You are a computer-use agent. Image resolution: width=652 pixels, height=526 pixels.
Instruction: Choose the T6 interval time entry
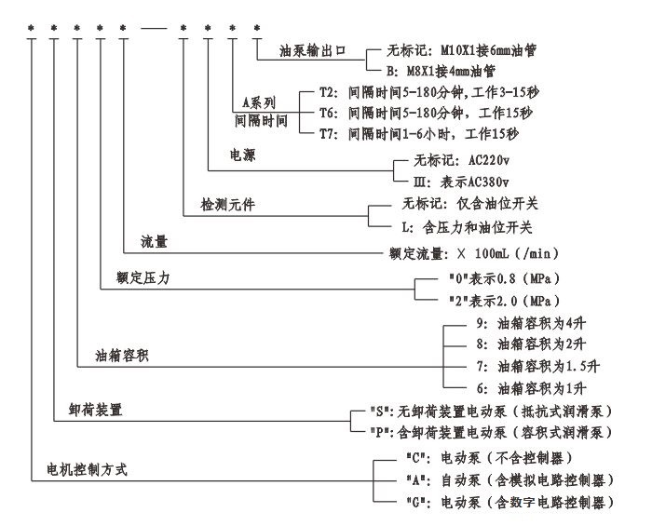(x=426, y=113)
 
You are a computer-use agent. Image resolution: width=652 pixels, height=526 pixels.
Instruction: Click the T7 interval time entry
(x=426, y=133)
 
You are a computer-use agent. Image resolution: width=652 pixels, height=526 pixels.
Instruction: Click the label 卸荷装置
(x=97, y=408)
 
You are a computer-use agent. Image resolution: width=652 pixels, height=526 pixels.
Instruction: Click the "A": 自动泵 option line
(x=505, y=480)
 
